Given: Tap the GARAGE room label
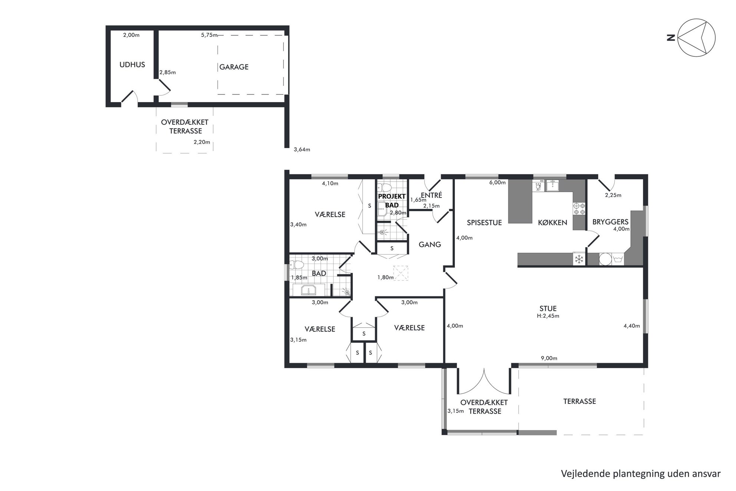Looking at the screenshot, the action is click(234, 67).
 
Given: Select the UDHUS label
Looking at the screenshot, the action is click(132, 65).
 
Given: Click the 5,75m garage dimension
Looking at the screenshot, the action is click(209, 35).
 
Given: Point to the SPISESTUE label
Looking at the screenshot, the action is click(484, 223).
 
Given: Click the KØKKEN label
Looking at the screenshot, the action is click(552, 223).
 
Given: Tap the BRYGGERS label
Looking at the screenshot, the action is click(610, 222).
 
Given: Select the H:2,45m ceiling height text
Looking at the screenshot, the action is click(548, 316).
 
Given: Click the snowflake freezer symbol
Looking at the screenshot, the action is click(579, 259).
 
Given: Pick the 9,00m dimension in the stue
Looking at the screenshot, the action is click(549, 359).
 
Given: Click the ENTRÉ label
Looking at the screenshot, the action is click(431, 195).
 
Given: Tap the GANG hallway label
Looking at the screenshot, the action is click(430, 244).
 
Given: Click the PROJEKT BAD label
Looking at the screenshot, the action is click(392, 201).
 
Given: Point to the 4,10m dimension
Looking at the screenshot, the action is click(330, 183).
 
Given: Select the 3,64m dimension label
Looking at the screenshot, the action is click(302, 150).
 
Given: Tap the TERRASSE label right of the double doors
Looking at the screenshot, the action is click(579, 401).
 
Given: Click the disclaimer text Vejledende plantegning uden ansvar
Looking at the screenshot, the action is click(641, 474).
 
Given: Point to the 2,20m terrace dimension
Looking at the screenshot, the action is click(202, 142).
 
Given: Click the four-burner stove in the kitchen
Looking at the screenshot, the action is click(579, 209).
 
